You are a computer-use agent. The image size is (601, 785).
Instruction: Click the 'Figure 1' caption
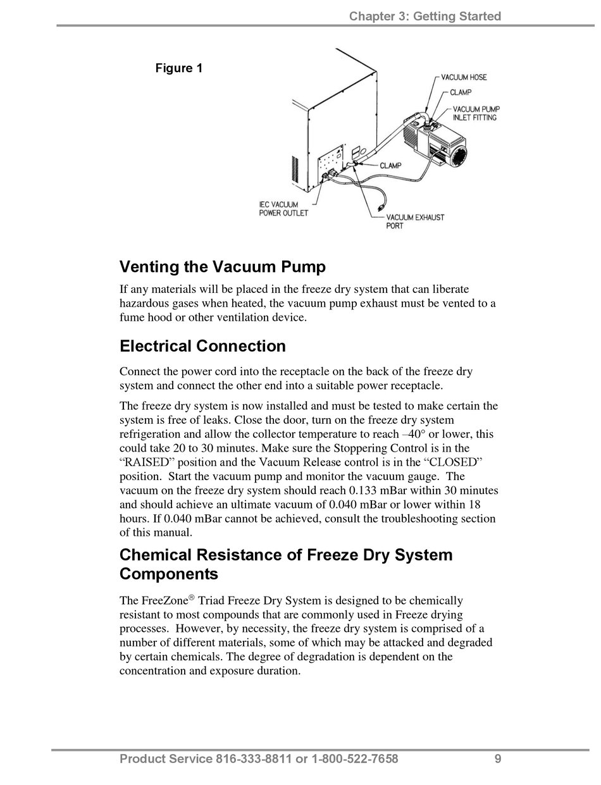179,68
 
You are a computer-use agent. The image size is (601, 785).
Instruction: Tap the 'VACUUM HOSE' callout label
464,77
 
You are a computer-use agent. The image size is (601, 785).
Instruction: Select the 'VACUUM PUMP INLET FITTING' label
476,113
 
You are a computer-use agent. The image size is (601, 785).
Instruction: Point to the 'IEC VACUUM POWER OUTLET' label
283,209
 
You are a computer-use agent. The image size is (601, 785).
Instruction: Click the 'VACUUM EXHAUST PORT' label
415,221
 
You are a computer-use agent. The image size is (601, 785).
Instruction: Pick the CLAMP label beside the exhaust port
390,166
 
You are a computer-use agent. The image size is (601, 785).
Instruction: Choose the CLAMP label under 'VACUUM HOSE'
461,92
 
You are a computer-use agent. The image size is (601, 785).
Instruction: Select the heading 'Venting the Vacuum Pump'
223,267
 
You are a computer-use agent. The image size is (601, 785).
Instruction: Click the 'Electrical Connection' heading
202,346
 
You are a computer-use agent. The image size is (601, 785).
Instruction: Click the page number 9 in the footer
498,759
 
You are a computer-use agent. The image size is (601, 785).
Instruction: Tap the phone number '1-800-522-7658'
355,759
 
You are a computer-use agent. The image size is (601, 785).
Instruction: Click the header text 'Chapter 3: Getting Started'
425,16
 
